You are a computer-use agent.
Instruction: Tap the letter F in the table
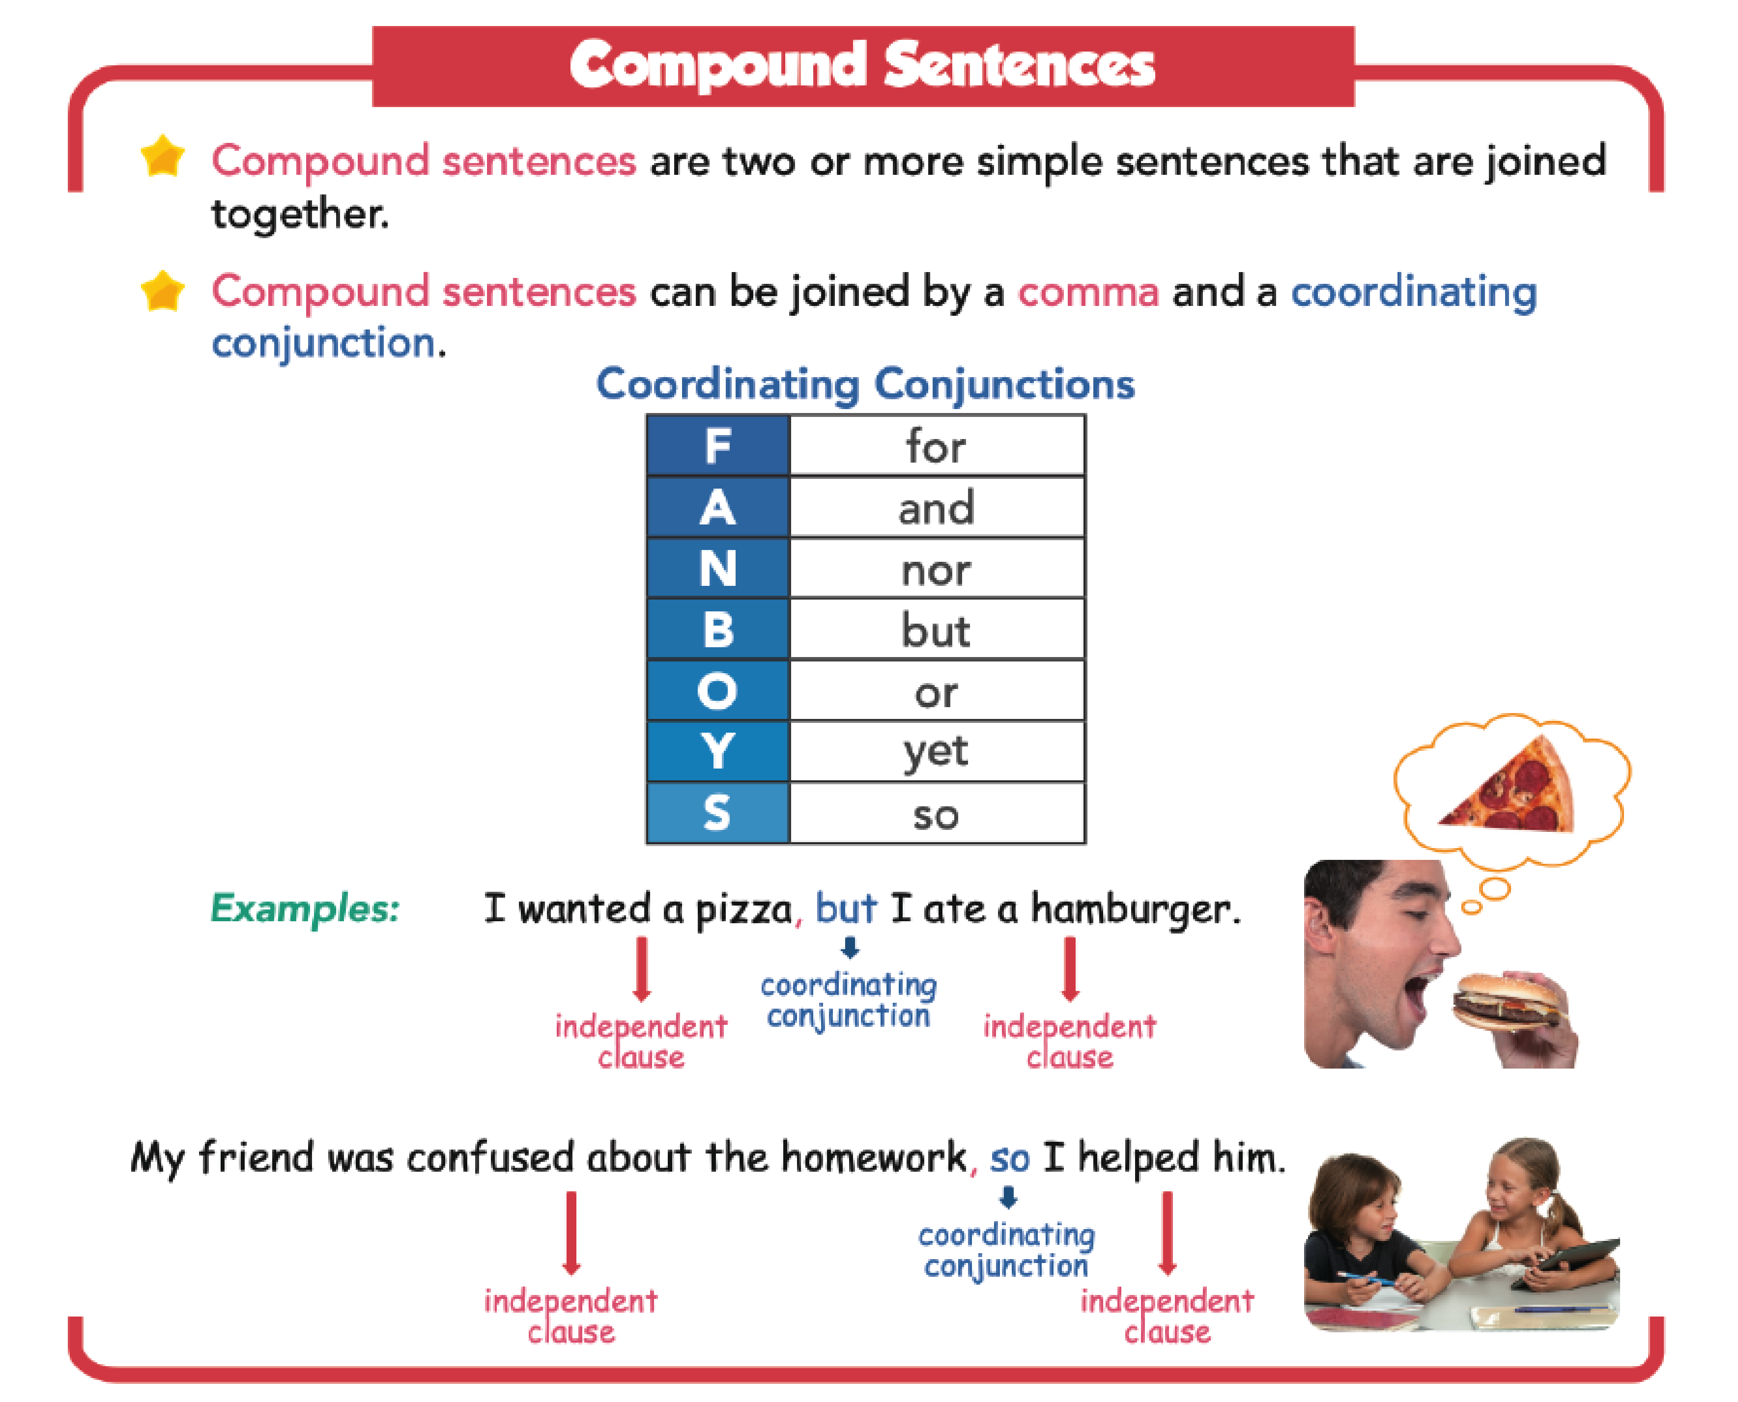click(x=717, y=446)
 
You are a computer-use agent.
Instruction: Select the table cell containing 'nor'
click(x=937, y=569)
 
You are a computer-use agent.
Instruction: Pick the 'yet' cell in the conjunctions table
click(x=937, y=751)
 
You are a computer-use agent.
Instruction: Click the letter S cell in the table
click(x=717, y=812)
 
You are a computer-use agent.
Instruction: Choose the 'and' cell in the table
click(x=937, y=507)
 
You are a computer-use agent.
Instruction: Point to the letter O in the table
click(x=717, y=690)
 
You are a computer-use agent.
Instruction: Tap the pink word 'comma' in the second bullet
click(x=1087, y=292)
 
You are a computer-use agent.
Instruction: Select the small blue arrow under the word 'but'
click(x=849, y=946)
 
